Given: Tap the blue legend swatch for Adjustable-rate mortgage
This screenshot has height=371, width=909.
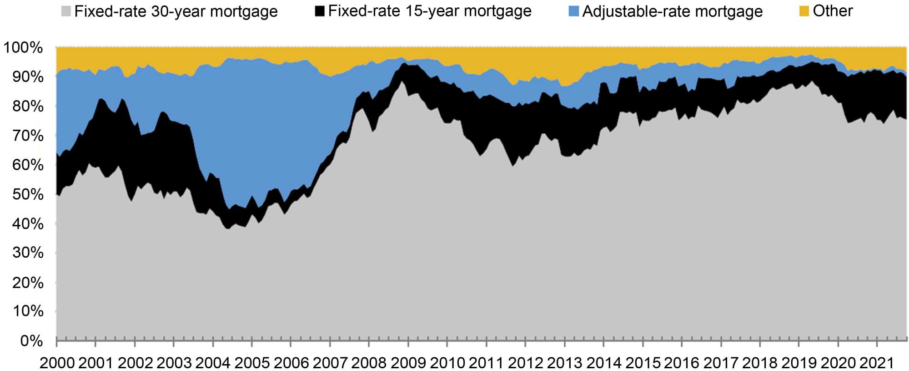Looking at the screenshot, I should tap(574, 12).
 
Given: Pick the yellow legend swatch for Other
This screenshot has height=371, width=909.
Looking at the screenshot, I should tap(804, 11).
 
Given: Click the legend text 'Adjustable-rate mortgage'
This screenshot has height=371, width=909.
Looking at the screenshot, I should tap(672, 11).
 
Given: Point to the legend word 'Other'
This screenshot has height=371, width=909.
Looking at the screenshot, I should tap(833, 11).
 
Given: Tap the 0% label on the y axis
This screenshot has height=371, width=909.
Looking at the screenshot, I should tap(31, 341).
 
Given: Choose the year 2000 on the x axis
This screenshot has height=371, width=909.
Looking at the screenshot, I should tap(57, 363).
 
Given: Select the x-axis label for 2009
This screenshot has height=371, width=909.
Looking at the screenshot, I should tap(408, 363).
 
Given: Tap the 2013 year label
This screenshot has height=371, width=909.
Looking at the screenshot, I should tap(564, 363).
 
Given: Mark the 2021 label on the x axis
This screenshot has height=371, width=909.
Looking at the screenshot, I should tap(876, 363).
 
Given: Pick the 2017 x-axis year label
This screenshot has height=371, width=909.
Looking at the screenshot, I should tap(720, 363).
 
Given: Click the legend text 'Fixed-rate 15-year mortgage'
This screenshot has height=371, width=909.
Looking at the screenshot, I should tap(430, 11).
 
